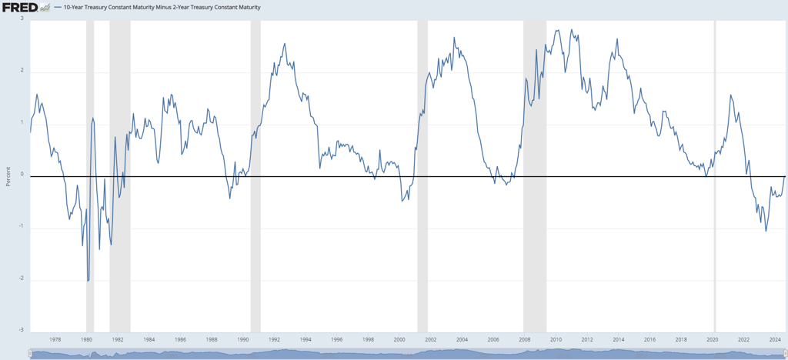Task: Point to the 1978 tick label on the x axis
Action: (55, 338)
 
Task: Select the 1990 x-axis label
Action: (242, 338)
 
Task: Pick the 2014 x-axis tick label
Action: (618, 338)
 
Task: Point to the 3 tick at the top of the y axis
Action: (22, 18)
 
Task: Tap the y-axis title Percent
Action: (8, 176)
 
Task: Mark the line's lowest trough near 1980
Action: (88, 281)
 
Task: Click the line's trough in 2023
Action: (766, 231)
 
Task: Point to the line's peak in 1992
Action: (285, 44)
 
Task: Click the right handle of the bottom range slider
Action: (784, 354)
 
